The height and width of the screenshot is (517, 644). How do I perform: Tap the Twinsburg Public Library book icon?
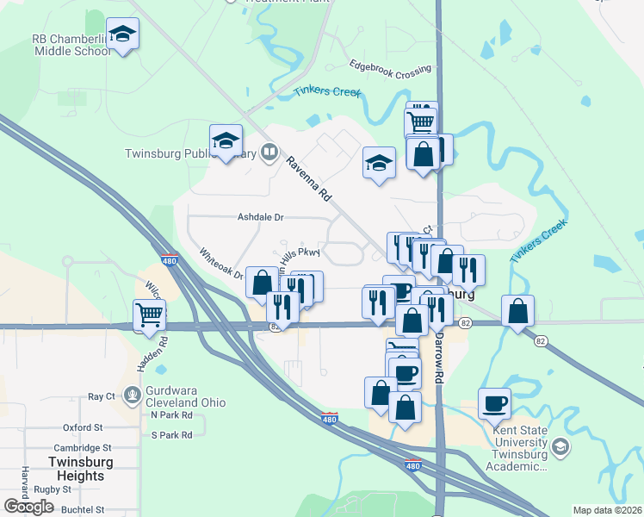click(269, 153)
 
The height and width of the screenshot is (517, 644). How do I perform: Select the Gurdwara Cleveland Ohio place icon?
click(132, 396)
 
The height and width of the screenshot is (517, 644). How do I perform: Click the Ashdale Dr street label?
click(261, 218)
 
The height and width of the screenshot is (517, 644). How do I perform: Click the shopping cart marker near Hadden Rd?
click(150, 315)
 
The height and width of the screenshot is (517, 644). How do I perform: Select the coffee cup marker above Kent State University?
click(494, 403)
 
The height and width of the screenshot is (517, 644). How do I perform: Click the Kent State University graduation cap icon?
click(560, 446)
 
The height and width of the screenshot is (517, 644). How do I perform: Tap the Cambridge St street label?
click(83, 448)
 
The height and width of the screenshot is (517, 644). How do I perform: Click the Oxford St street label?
click(83, 427)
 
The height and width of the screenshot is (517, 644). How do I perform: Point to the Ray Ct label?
click(102, 396)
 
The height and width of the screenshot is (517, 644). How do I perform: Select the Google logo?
click(29, 506)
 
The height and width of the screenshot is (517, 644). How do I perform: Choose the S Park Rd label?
click(171, 435)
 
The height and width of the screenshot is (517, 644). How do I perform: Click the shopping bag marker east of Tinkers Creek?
click(517, 312)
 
